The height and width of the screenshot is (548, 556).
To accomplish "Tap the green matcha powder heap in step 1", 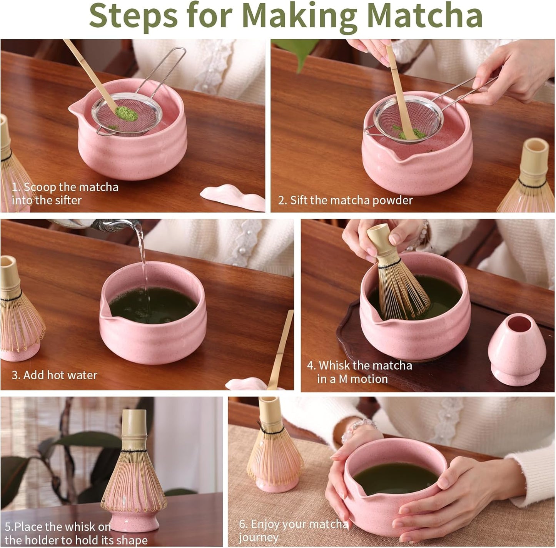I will pyautogui.click(x=127, y=113).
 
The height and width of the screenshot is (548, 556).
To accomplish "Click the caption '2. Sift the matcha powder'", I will pyautogui.click(x=345, y=200).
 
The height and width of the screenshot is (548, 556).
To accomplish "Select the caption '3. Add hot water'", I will pyautogui.click(x=55, y=375).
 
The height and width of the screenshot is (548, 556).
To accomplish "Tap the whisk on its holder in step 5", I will pyautogui.click(x=134, y=473).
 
